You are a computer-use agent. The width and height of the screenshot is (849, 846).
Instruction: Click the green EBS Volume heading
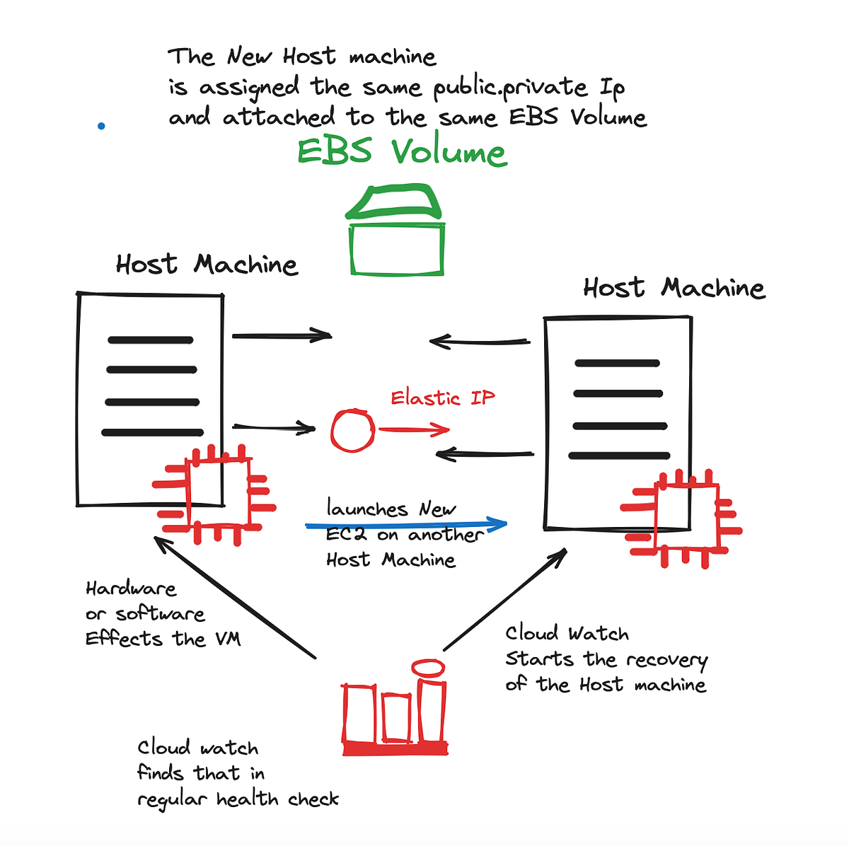tap(403, 151)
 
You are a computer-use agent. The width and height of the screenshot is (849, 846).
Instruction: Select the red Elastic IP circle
tap(353, 431)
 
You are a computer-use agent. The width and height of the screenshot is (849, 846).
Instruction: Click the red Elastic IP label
tap(443, 398)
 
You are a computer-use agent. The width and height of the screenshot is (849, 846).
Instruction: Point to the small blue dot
tap(101, 126)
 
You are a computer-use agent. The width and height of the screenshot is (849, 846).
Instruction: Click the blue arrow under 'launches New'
tap(406, 524)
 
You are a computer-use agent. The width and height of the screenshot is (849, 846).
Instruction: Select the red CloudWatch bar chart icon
tap(395, 707)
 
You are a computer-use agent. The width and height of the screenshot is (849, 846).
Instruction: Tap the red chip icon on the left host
tap(214, 495)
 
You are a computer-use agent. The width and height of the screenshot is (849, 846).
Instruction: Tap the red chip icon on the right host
tap(681, 519)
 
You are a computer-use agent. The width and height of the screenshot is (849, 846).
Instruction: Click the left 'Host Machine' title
tap(207, 265)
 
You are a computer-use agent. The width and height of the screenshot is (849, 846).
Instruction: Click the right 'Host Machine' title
tap(674, 288)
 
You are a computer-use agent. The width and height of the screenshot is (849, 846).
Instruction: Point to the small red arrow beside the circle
tap(414, 429)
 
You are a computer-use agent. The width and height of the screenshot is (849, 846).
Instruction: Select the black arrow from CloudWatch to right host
tap(505, 599)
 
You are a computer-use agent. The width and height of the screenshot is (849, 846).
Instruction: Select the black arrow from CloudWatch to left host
tap(235, 598)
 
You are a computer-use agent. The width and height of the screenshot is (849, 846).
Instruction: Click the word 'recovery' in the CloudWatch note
tap(666, 661)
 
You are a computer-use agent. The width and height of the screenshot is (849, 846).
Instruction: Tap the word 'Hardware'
tap(131, 589)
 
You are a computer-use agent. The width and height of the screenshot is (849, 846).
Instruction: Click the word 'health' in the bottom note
tap(247, 799)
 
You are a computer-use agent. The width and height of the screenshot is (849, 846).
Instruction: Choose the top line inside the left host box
tap(151, 340)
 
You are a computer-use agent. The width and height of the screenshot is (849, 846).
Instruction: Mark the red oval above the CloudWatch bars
tap(428, 668)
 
